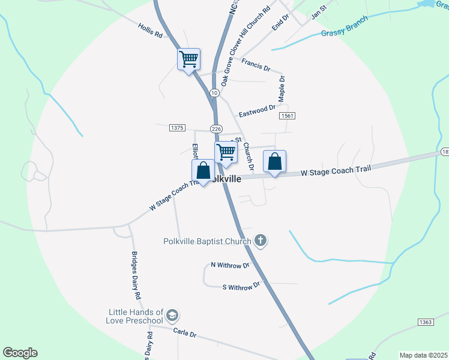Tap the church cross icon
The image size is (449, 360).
(x=260, y=241)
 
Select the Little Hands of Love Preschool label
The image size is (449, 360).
(x=136, y=316)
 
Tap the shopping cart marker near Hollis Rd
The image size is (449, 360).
(x=188, y=59)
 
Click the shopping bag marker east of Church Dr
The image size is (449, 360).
(x=274, y=161)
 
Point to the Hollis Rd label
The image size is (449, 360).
(x=150, y=31)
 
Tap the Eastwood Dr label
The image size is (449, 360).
(x=256, y=111)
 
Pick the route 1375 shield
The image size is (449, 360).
(x=177, y=128)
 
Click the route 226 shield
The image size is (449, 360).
(x=217, y=129)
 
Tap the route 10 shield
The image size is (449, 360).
(x=214, y=93)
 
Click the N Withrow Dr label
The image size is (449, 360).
(x=230, y=265)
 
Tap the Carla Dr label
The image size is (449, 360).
(x=185, y=332)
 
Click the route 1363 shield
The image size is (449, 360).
(x=426, y=322)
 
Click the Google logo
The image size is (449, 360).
(x=20, y=353)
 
